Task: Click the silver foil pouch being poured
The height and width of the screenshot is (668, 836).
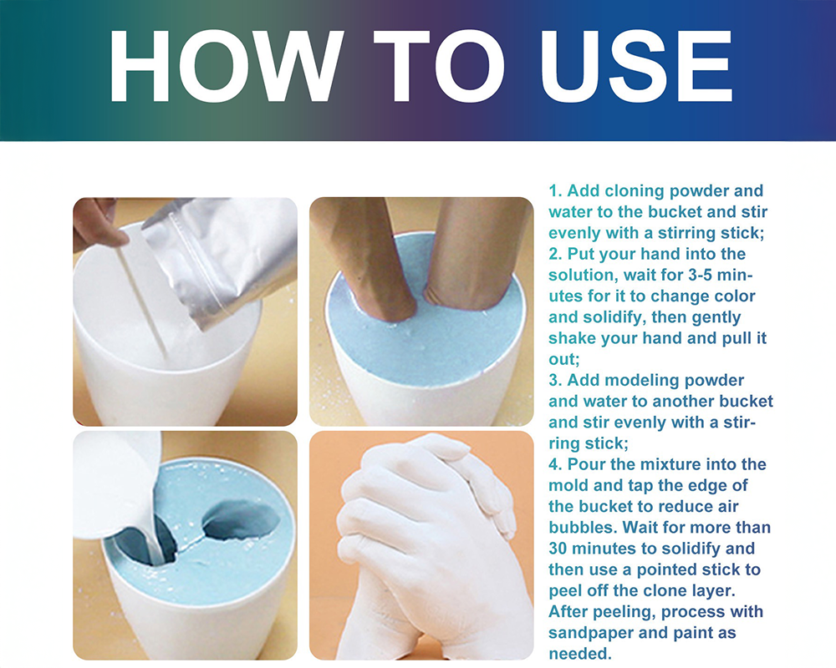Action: pos(222,259)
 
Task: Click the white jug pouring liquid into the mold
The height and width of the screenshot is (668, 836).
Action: pos(117,484)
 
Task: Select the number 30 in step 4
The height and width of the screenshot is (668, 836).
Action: pos(560,549)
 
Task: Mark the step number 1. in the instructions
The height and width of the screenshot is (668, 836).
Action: pos(556,191)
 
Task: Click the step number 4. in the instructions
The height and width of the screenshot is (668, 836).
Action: pos(556,464)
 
